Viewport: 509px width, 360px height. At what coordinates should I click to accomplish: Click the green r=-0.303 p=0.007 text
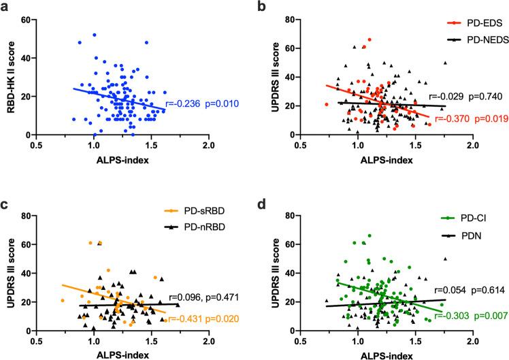tap(465, 314)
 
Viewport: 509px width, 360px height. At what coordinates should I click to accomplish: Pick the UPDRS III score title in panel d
tap(272, 274)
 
